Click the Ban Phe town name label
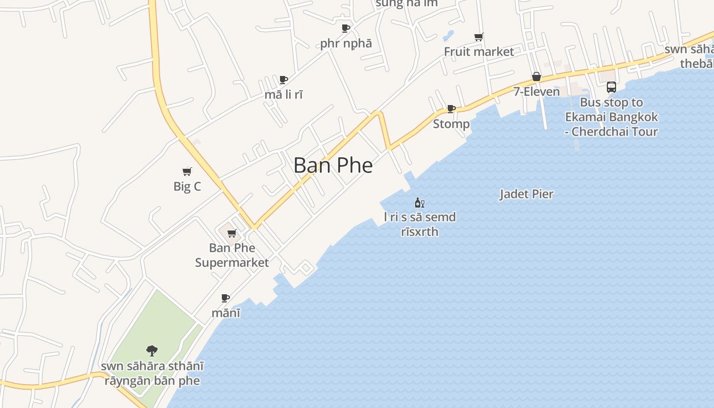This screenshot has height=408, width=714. tap(333, 165)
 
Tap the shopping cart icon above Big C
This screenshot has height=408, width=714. tap(187, 171)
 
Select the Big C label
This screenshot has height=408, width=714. tap(187, 186)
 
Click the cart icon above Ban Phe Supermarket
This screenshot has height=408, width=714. tap(232, 234)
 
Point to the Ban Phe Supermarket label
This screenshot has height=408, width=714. tap(232, 255)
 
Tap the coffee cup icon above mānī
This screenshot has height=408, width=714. tap(225, 298)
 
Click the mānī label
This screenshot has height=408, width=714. tap(226, 313)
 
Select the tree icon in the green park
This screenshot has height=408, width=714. tap(152, 350)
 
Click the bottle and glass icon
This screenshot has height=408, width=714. tap(419, 202)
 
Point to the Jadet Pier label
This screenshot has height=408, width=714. tap(526, 194)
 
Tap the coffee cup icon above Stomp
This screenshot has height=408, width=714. tap(451, 109)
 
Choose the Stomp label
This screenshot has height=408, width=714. tap(451, 124)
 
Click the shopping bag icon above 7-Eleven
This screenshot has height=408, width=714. tap(537, 77)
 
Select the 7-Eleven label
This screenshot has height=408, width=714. tap(537, 92)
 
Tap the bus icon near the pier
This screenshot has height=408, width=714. tap(611, 87)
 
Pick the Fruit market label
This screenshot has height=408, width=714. tap(479, 52)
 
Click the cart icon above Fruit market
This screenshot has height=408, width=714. tap(479, 37)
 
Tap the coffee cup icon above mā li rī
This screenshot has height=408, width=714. tap(284, 80)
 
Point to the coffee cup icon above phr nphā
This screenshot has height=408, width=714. tap(346, 28)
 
